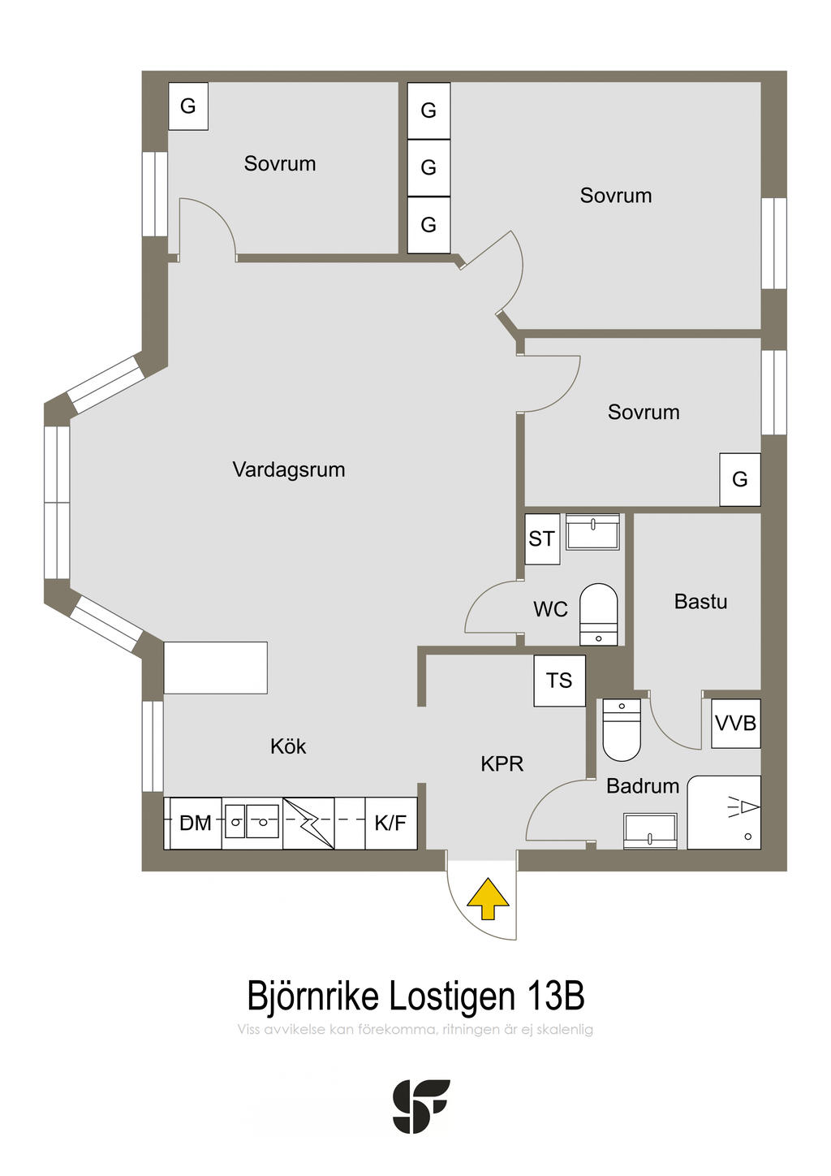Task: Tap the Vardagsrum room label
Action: (x=289, y=469)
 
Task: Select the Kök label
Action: (x=288, y=746)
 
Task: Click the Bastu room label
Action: (x=700, y=602)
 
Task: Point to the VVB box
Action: (x=735, y=724)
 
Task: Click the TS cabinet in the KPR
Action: (x=559, y=681)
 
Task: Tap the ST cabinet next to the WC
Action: (x=542, y=539)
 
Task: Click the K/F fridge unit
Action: (x=391, y=823)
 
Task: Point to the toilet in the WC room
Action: (x=599, y=614)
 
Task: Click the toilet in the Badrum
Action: (x=622, y=729)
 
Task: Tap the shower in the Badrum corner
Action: (x=724, y=812)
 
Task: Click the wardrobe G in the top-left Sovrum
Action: (x=188, y=106)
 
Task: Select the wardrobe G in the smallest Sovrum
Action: (x=740, y=479)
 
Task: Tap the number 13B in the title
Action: (x=556, y=996)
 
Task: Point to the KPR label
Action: (x=502, y=764)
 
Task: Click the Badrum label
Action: (x=643, y=786)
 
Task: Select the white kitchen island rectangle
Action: (x=216, y=668)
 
